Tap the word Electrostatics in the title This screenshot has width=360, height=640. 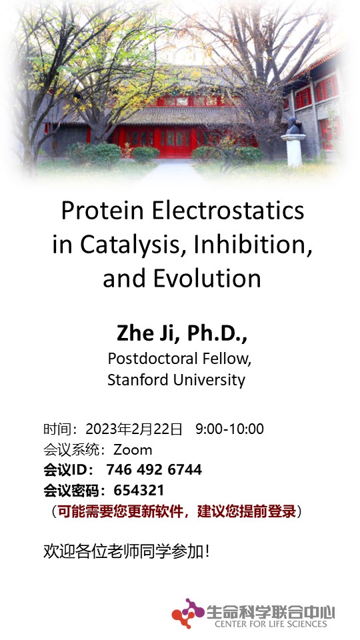pos(228,211)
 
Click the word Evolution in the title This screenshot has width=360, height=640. pos(207,279)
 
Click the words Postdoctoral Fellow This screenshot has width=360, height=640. pos(179,359)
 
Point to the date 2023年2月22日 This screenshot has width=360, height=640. pos(134,429)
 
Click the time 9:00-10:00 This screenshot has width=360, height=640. pos(230,429)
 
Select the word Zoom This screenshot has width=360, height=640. pos(133,450)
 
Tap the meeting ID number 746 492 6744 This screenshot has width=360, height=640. pos(154,470)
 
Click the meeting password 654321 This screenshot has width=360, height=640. pos(139,490)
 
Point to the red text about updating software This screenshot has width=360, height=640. pos(176,511)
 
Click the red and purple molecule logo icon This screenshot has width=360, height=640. pos(188,613)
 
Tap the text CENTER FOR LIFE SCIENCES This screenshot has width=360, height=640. pos(271,624)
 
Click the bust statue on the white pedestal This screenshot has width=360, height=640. pos(293,126)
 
